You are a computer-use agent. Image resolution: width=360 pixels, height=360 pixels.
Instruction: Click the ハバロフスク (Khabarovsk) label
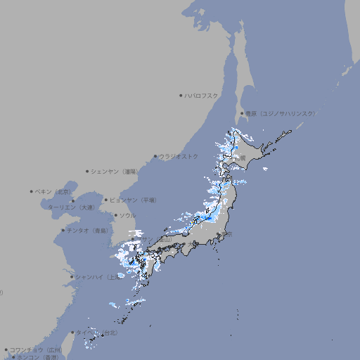202,95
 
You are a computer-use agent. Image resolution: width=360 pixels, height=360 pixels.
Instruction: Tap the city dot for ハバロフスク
181,95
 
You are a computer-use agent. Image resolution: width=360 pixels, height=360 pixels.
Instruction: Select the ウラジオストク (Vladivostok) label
179,156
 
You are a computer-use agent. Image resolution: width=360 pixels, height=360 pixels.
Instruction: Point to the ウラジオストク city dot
155,156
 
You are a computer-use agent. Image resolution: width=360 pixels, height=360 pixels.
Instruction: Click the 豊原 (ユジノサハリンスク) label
281,113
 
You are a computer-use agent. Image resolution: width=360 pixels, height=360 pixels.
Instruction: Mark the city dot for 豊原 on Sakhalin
242,113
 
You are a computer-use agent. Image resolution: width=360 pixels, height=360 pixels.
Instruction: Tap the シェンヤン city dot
88,171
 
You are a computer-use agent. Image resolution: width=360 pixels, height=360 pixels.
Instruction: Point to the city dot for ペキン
32,191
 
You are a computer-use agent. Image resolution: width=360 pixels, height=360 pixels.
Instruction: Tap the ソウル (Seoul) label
127,215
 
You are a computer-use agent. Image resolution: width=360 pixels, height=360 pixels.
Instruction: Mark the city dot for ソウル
115,215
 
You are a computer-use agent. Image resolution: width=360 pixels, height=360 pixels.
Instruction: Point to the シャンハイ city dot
72,277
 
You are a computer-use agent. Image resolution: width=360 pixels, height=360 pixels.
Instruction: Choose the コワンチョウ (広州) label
35,349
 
